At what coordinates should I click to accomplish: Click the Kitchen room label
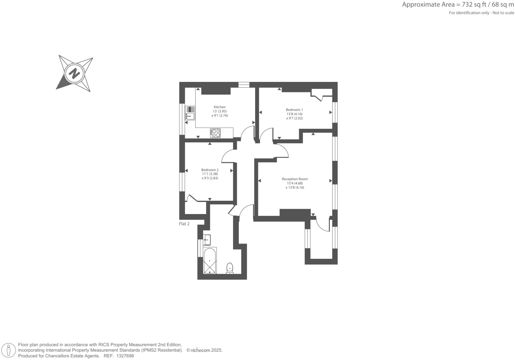coord(220,107)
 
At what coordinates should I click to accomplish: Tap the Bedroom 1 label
coord(294,110)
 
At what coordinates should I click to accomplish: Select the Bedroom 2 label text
coord(210,170)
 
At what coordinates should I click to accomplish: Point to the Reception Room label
coord(294,179)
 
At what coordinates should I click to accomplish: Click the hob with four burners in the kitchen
coord(216,133)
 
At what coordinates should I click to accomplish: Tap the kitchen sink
coord(190,113)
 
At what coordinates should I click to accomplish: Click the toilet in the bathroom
coord(229,267)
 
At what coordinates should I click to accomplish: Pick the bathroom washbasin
coord(207,239)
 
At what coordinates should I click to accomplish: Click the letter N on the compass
coord(75,73)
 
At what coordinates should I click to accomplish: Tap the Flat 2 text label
coord(184,224)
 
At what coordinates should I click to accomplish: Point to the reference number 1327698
coord(124,356)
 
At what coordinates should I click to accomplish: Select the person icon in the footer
coord(9,350)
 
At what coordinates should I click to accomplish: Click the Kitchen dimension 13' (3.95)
coord(220,111)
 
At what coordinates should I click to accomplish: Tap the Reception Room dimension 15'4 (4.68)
coord(294,183)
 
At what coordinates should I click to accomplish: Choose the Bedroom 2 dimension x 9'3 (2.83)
coord(210,178)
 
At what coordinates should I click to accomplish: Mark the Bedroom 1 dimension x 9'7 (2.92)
coord(294,118)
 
